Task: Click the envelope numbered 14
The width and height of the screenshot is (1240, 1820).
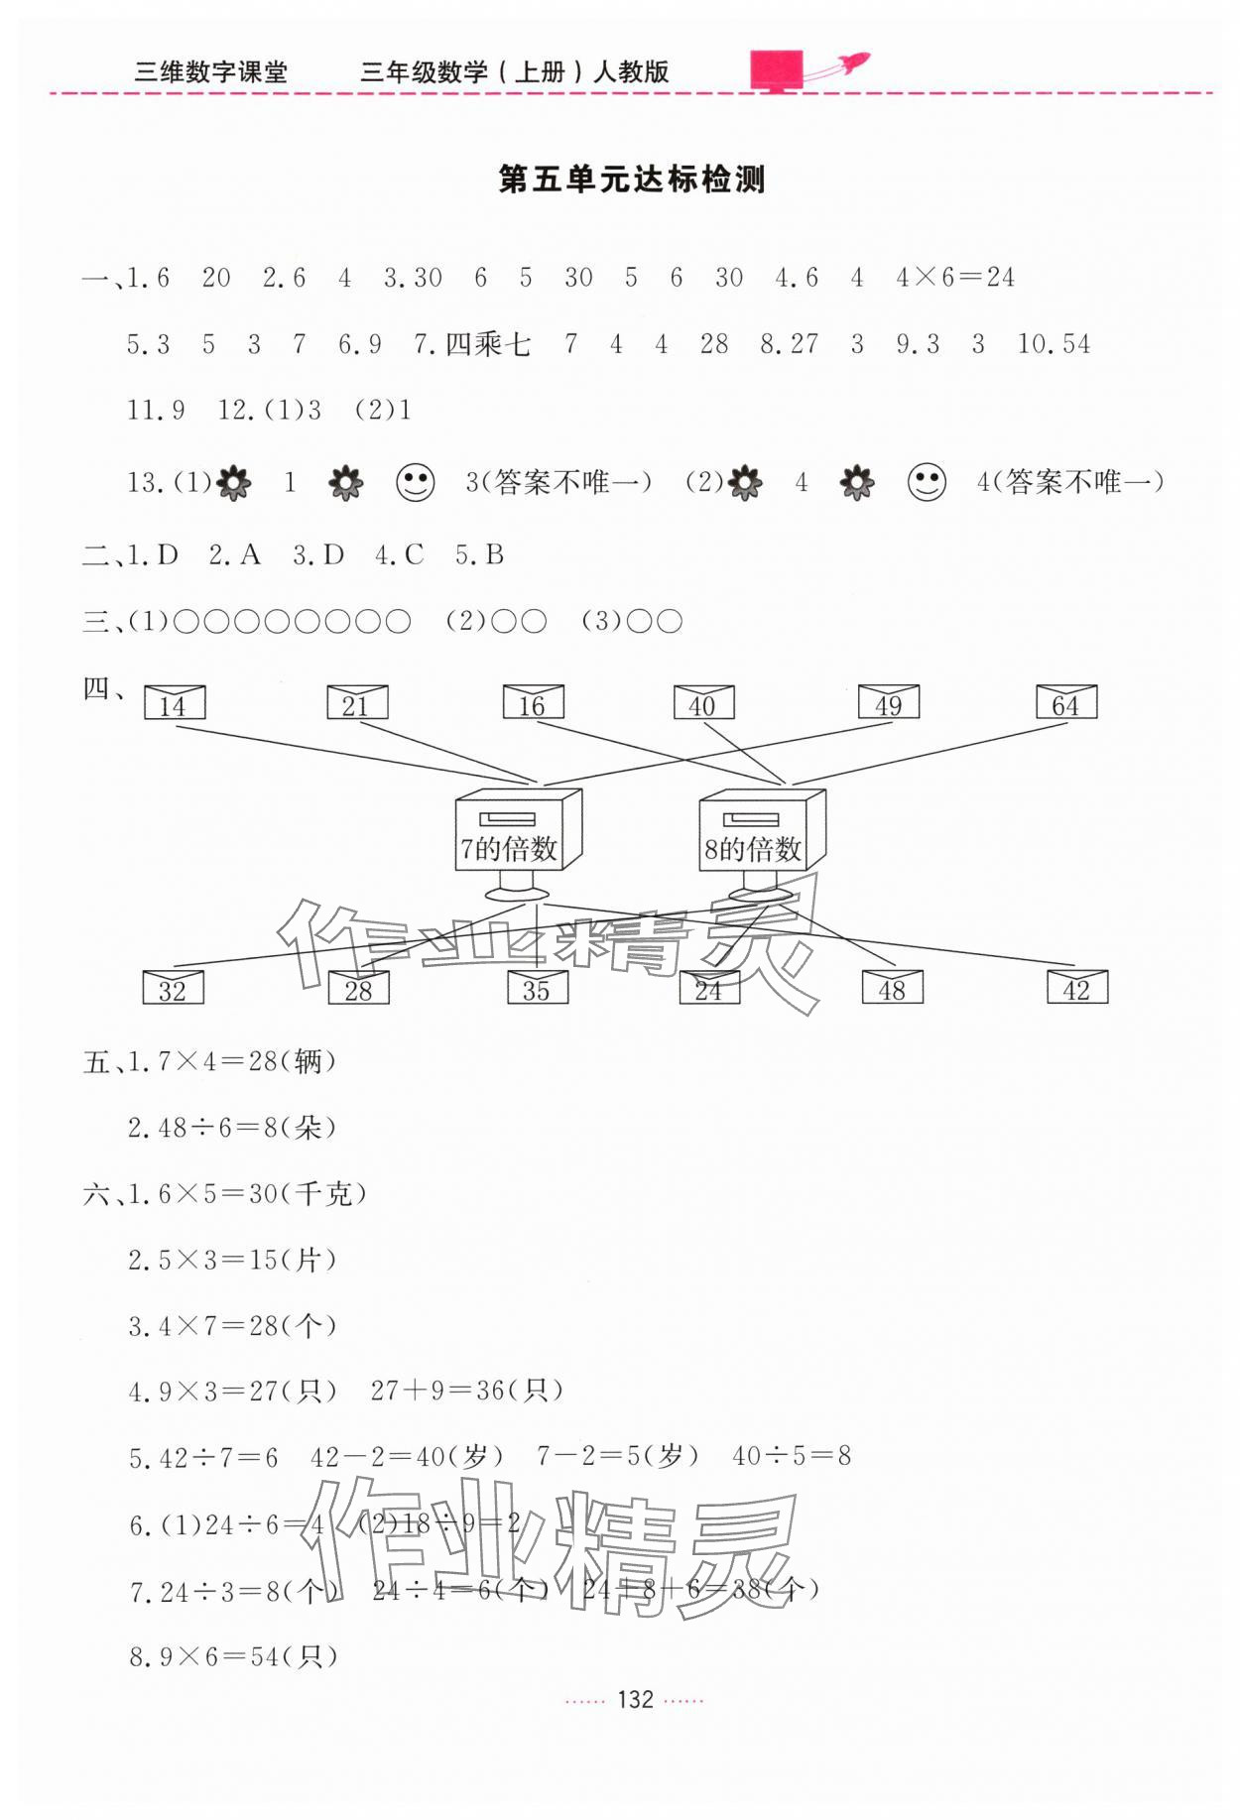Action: pos(174,702)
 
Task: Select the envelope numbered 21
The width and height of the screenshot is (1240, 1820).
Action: pos(356,702)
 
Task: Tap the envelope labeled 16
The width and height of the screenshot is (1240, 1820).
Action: pos(533,702)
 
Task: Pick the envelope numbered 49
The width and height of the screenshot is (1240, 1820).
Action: pos(888,702)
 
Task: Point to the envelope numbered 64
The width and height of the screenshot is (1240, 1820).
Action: pos(1065,702)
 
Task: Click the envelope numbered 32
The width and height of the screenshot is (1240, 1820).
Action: pos(173,988)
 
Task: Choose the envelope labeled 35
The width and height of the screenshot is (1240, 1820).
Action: pos(537,988)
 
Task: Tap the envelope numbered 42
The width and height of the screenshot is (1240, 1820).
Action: pos(1077,987)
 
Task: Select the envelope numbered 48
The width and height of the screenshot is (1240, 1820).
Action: pos(892,988)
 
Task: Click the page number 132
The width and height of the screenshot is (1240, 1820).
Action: pos(635,1700)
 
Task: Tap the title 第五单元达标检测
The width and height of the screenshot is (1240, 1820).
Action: pos(632,181)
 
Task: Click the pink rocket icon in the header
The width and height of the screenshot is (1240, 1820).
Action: pos(808,69)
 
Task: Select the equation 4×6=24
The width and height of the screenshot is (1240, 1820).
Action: pos(955,278)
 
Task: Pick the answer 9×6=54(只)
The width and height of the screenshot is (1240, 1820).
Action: pos(234,1656)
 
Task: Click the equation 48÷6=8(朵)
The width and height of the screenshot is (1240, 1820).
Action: pos(233,1128)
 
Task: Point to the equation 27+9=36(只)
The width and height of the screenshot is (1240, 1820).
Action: pos(467,1392)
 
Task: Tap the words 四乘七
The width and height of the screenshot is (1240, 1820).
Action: pos(488,344)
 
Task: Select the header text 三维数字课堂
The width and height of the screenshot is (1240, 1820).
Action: pos(210,72)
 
